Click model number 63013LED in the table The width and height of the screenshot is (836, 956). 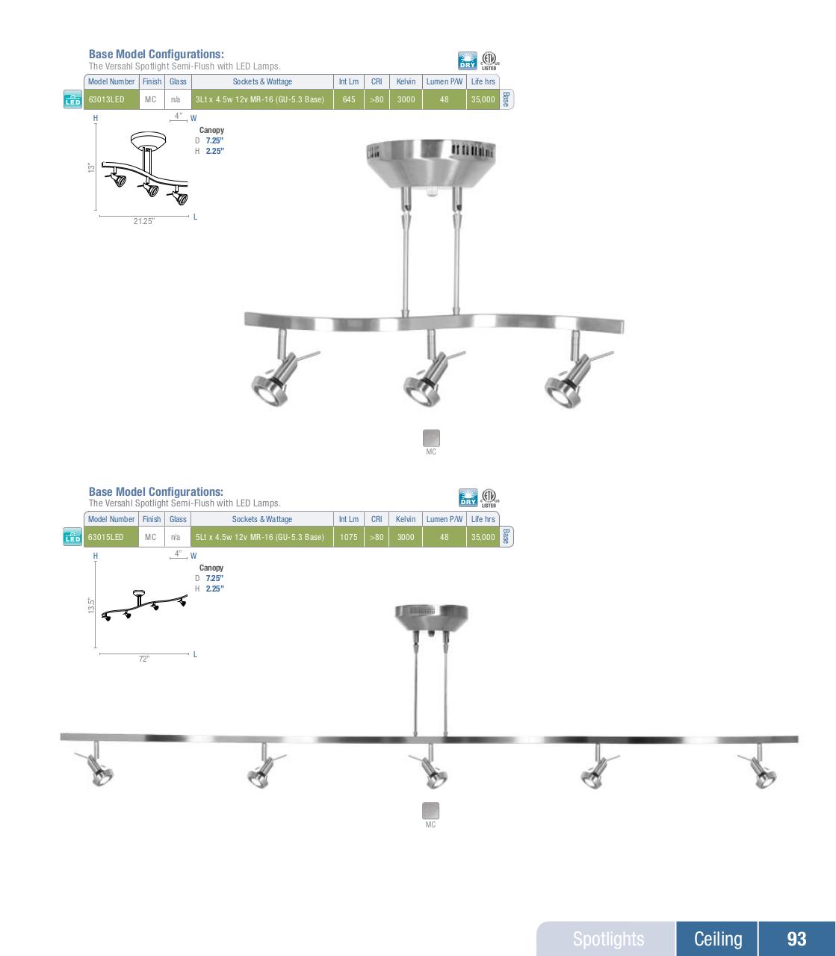(106, 99)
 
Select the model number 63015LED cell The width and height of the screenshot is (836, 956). (106, 537)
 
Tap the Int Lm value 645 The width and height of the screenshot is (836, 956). (348, 99)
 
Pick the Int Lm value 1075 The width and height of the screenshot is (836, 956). (348, 537)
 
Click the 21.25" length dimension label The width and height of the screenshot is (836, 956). (144, 222)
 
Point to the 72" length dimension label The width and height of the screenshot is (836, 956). (144, 659)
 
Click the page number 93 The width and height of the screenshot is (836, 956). (796, 939)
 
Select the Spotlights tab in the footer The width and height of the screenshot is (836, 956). (608, 939)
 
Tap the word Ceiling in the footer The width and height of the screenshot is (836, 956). (718, 939)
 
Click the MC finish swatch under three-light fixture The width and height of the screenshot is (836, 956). (431, 438)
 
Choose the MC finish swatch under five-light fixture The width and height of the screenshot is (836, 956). (431, 811)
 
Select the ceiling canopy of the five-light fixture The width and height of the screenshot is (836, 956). (431, 615)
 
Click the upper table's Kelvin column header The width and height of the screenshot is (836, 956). (406, 81)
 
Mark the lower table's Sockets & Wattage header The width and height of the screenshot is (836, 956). (261, 519)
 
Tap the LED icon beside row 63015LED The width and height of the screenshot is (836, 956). (72, 537)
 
